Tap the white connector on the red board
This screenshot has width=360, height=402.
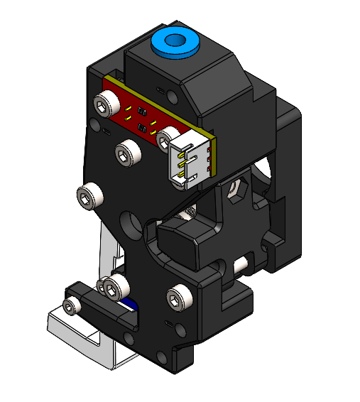click(x=190, y=162)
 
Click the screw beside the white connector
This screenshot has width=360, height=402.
click(x=168, y=135)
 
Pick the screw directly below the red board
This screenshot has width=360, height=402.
click(x=128, y=152)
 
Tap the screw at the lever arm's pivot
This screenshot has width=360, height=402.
click(x=113, y=287)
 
